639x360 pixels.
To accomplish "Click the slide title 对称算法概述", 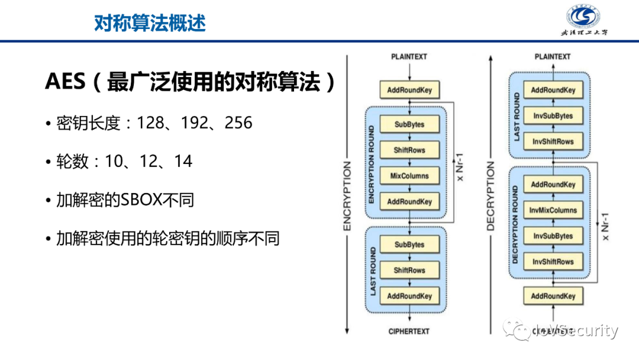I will click(x=150, y=22).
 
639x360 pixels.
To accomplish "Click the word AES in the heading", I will click(x=65, y=82).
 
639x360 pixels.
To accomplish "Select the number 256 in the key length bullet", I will click(x=238, y=123).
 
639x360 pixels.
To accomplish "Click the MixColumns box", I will click(x=409, y=176).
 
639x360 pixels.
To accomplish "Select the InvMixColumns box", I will click(x=553, y=210).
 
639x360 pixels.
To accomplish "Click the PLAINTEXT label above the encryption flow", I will click(x=409, y=57).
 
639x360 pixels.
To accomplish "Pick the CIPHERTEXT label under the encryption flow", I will click(x=409, y=332).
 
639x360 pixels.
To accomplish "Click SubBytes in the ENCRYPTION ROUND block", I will click(x=409, y=124).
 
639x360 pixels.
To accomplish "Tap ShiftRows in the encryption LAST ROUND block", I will click(x=409, y=271).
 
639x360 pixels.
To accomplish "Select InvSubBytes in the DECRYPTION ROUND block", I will click(x=553, y=236).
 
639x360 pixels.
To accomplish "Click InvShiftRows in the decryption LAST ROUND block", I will click(x=553, y=142).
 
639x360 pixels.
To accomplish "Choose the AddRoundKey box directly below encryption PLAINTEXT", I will click(x=409, y=91).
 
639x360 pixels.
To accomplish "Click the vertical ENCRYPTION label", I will click(x=347, y=195).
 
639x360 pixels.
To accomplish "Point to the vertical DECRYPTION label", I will click(x=490, y=195).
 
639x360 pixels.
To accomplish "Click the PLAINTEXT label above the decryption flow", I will click(x=553, y=57).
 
